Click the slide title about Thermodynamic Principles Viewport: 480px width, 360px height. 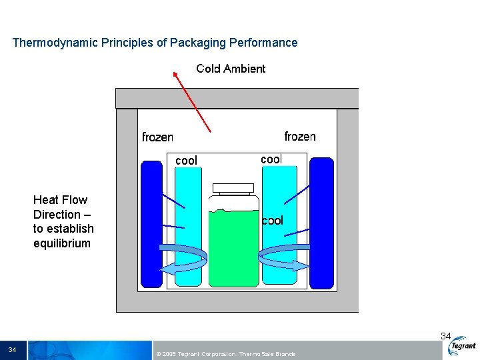pyautogui.click(x=155, y=43)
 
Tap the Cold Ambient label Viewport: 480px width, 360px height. pyautogui.click(x=231, y=69)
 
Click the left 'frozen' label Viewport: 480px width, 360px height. pyautogui.click(x=157, y=137)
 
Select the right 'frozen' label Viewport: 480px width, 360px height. pyautogui.click(x=300, y=137)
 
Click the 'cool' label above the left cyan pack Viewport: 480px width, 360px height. pyautogui.click(x=186, y=161)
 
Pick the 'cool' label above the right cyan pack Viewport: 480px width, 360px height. pyautogui.click(x=271, y=159)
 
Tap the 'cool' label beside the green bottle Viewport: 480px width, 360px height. pyautogui.click(x=272, y=221)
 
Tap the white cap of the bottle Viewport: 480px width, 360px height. pyautogui.click(x=233, y=188)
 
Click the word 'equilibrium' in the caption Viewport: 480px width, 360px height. pyautogui.click(x=62, y=243)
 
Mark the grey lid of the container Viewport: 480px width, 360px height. pyautogui.click(x=237, y=98)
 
